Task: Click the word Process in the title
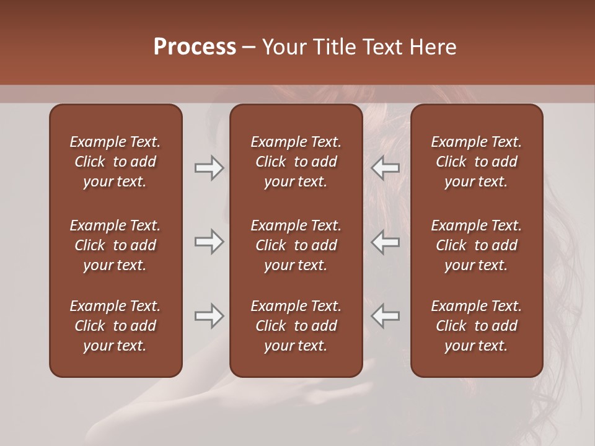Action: (195, 47)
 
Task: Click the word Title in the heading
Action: (333, 47)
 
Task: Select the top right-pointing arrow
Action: (209, 168)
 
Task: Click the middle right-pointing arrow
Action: (209, 242)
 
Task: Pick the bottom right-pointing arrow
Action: (209, 316)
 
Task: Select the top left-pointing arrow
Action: (386, 168)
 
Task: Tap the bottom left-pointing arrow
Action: (386, 316)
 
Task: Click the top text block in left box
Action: (115, 162)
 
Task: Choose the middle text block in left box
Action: (115, 245)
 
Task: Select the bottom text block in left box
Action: (115, 326)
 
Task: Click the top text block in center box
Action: (296, 162)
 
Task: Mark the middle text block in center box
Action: (296, 245)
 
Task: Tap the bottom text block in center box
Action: (296, 326)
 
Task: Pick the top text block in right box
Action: (477, 162)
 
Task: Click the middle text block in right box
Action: (477, 245)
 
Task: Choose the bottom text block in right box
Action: (477, 326)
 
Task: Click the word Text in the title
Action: (382, 47)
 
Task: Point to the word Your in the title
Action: (284, 47)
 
